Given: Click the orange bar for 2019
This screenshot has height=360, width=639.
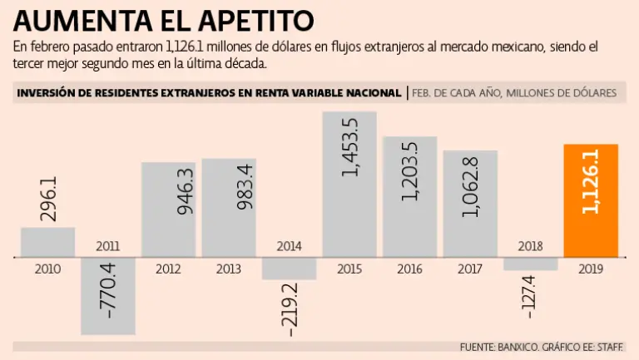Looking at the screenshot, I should point(591,200).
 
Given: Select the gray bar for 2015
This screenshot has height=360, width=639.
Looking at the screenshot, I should point(349,185).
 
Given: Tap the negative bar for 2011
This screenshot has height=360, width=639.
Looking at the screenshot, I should point(108,296).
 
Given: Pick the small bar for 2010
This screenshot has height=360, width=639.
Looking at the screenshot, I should point(47,242).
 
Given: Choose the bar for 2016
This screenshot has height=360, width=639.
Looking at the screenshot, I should point(410,196).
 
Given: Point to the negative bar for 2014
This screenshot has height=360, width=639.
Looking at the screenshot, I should point(289,269).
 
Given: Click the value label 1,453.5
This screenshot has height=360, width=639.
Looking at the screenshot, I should point(350,147).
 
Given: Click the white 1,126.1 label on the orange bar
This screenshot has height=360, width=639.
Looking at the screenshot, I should point(591,181).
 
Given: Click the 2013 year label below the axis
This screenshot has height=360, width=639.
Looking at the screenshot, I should point(228,269).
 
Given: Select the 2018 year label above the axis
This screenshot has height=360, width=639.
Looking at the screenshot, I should point(530,246).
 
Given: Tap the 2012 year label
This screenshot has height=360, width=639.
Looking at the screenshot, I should point(168,269).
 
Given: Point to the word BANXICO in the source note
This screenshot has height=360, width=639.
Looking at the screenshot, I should point(521,346).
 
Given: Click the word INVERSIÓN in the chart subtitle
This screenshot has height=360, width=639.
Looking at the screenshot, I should point(47,93).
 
